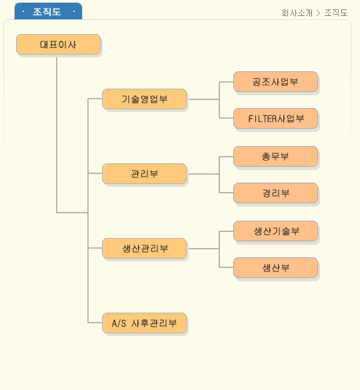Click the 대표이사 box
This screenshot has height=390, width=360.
point(58,44)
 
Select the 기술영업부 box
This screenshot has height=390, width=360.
point(144,99)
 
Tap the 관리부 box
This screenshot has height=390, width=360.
point(144,173)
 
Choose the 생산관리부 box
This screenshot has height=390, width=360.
point(144,248)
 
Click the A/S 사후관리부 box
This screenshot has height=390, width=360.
point(144,323)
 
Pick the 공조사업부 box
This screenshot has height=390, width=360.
point(275,81)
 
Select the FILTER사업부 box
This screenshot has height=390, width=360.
point(275,119)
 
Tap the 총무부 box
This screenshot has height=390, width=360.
point(275,156)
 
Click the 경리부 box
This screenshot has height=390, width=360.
point(275,193)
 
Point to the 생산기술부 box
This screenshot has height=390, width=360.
point(275,231)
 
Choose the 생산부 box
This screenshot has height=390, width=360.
point(275,267)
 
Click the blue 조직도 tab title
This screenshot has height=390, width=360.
point(47,12)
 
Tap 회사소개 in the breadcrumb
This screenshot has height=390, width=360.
point(297,13)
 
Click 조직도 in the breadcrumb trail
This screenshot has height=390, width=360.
point(336,13)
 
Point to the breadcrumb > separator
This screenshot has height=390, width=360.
point(318,13)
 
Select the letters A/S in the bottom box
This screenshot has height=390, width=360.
point(119,323)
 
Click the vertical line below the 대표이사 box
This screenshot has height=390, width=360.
point(57,135)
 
